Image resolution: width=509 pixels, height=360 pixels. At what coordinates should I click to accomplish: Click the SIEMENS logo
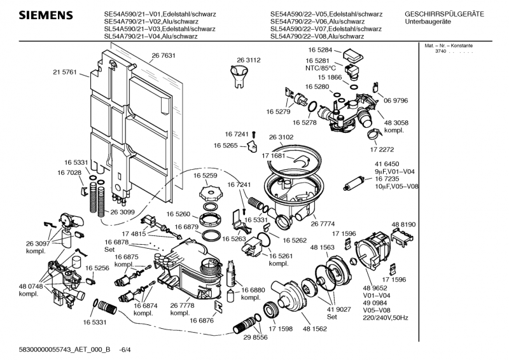click(43, 15)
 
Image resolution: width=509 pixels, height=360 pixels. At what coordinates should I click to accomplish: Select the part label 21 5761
click(64, 73)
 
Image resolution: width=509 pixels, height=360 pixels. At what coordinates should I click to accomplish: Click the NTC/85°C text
click(321, 67)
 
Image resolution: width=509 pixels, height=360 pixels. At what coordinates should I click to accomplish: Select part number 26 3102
click(281, 137)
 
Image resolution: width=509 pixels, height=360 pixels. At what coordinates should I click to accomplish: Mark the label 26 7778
click(183, 305)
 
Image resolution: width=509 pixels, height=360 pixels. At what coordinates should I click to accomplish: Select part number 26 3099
click(123, 212)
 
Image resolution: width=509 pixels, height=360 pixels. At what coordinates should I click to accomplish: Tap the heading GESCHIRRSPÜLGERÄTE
click(444, 14)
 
